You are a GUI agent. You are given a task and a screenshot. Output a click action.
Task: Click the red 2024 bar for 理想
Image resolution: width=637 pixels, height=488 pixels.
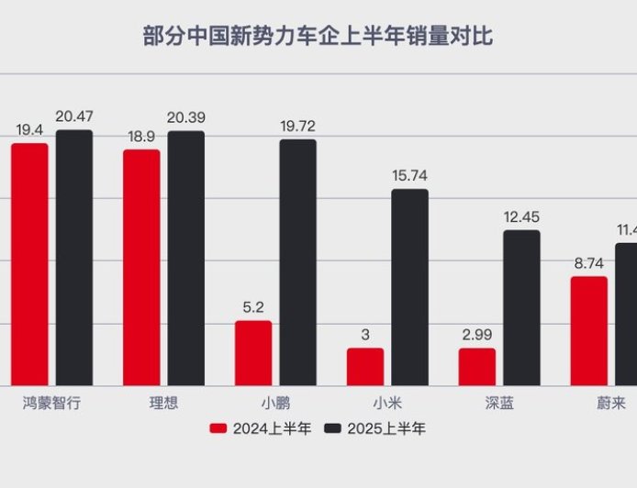coord(141,267)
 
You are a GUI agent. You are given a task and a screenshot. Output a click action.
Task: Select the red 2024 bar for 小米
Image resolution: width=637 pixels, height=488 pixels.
coord(365,367)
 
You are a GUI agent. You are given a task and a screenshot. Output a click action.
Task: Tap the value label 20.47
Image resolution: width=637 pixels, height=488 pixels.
coord(74,116)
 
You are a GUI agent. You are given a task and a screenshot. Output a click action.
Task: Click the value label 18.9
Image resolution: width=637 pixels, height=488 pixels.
coord(141,136)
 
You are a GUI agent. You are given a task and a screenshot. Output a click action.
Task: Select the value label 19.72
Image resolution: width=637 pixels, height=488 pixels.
coord(298,126)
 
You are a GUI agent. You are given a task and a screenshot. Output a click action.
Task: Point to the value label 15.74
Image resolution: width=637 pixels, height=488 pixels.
coord(409,175)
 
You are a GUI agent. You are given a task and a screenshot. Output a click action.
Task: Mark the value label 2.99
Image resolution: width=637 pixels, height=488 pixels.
coord(477,335)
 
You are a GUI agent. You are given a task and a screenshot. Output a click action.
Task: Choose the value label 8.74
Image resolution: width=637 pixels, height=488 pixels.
coord(589,262)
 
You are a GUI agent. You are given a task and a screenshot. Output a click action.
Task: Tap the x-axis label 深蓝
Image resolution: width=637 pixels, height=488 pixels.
coord(499,403)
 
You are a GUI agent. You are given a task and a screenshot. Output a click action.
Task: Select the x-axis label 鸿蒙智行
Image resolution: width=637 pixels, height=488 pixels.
coord(51,403)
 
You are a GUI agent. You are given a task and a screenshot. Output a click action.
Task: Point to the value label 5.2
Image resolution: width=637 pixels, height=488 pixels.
coord(253,307)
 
